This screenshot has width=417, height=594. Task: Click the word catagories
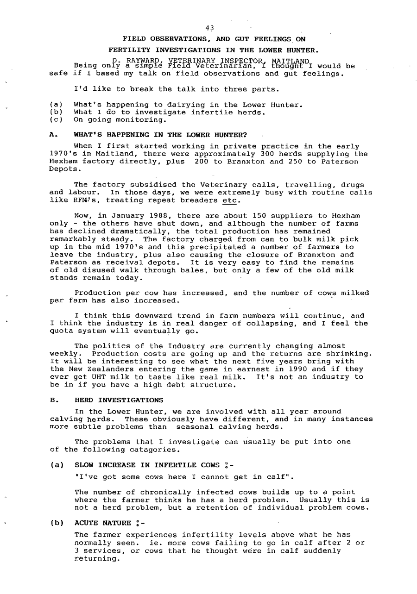coord(156,450)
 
